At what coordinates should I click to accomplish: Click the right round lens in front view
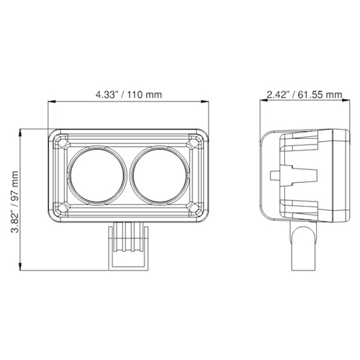160,175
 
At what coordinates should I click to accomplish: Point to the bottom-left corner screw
60,210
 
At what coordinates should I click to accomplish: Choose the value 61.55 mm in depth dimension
315,94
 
